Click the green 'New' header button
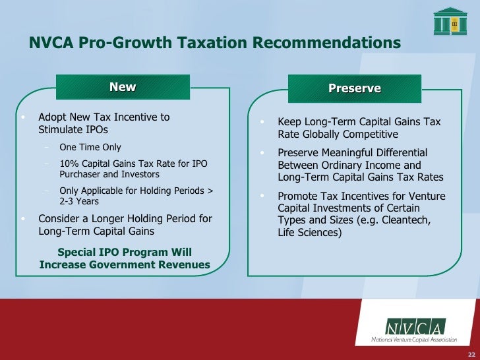click(x=123, y=87)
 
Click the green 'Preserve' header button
click(x=355, y=88)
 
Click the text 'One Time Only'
click(x=90, y=147)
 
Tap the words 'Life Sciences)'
click(x=310, y=233)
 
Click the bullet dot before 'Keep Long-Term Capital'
click(x=262, y=123)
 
